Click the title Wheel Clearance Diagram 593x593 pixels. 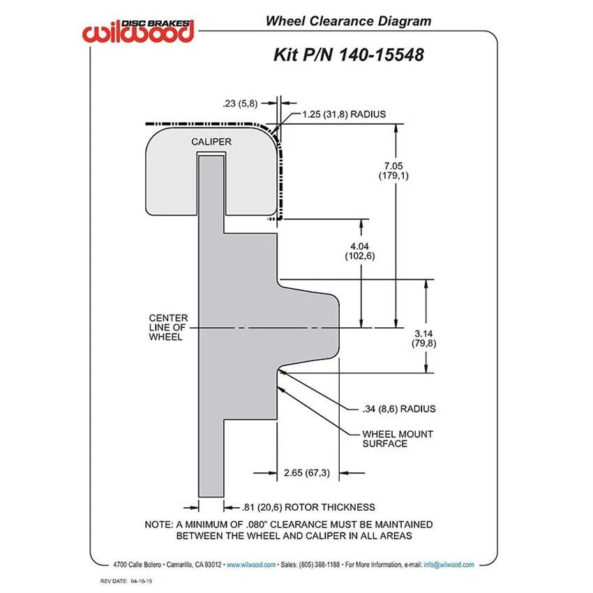347,20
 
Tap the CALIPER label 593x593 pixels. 211,142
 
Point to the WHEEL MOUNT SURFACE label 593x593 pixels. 397,438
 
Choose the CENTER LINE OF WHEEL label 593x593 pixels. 168,327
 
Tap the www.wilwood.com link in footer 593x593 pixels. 251,564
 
